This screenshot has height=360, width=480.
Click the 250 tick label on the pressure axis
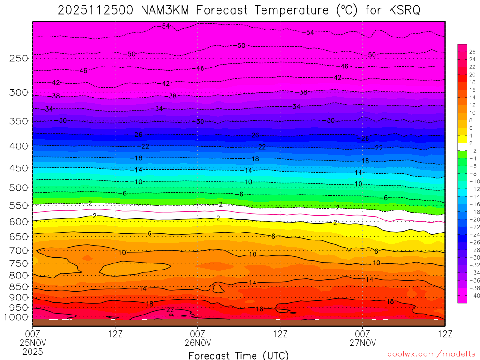(19, 59)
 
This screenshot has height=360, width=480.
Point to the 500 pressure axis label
(19, 188)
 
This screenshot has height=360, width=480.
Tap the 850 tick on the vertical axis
(19, 287)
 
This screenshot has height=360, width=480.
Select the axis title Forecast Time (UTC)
(239, 355)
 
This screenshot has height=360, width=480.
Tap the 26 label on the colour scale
(472, 52)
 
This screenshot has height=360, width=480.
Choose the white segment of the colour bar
(462, 146)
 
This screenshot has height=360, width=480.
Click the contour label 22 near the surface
(170, 310)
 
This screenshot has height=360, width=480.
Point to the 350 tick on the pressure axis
(19, 121)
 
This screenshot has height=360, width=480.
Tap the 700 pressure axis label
(19, 251)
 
